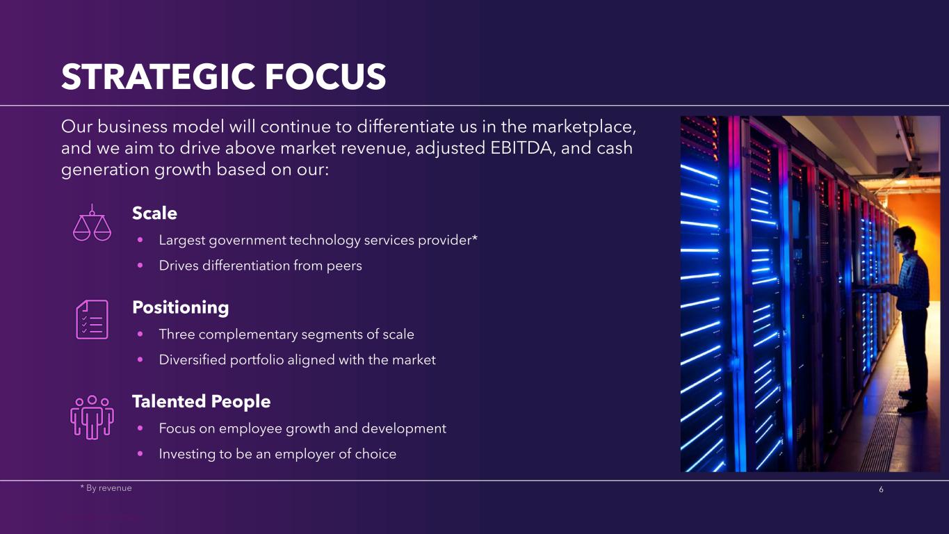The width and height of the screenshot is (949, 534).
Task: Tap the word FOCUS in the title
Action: point(325,76)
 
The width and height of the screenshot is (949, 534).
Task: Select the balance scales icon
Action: point(92,222)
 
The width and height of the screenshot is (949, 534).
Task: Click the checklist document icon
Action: point(92,320)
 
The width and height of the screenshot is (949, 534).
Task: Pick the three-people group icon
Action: point(92,417)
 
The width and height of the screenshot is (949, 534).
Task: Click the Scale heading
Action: point(154,213)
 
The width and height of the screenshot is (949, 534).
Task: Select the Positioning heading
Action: point(181,308)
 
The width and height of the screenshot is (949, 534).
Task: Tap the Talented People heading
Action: point(201,401)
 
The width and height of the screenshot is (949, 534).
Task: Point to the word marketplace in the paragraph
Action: point(583,127)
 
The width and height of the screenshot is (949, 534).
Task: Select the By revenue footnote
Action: point(106,488)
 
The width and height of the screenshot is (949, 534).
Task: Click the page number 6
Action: point(882,489)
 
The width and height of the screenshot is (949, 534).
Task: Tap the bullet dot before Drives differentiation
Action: point(140,266)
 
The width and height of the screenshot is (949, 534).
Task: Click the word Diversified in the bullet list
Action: point(193,359)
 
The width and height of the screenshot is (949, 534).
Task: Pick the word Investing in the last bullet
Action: point(187,454)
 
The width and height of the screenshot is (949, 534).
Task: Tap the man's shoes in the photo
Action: point(911,402)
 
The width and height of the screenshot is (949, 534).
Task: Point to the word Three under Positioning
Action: point(177,334)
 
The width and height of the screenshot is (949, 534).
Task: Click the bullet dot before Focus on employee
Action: point(140,428)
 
